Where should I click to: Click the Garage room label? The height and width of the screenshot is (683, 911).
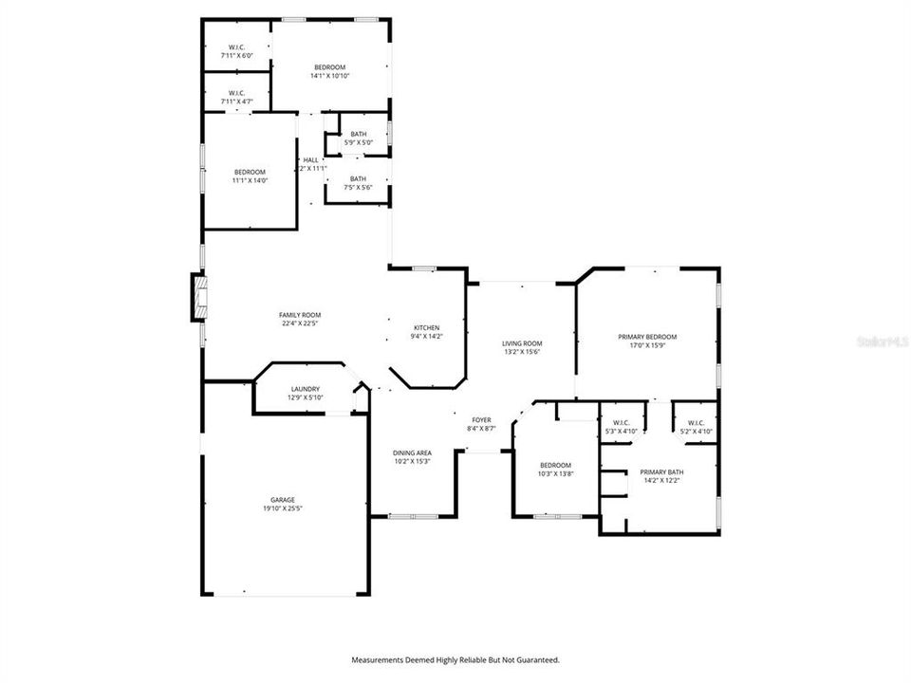point(283,500)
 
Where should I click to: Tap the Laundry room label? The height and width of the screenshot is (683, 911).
point(306,389)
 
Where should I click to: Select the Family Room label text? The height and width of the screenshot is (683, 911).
point(300,315)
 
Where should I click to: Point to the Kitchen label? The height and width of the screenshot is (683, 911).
point(426,327)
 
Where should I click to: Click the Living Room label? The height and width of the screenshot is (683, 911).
point(522,343)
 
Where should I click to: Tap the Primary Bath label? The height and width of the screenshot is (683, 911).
point(660,471)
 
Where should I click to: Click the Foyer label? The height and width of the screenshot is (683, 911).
point(482,419)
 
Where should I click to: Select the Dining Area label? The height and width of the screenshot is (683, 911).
point(412,453)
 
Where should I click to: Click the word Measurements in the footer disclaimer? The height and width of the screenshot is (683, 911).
point(379,659)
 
